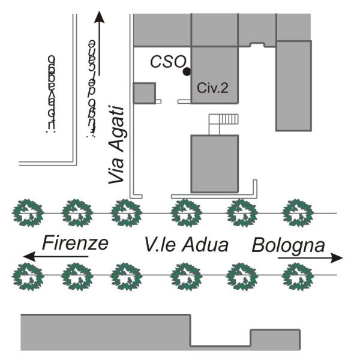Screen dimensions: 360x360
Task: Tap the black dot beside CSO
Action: (x=187, y=72)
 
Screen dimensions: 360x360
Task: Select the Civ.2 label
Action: (x=213, y=88)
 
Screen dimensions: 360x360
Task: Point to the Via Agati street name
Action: (x=116, y=145)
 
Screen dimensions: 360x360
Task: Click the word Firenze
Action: (x=75, y=244)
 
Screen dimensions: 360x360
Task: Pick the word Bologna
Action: (x=289, y=245)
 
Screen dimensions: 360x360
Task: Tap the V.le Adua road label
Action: (x=187, y=245)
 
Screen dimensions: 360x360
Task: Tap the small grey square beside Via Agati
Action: (x=144, y=93)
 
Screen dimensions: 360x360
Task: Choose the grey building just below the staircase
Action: (x=214, y=163)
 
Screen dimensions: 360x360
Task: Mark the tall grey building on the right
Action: (x=293, y=85)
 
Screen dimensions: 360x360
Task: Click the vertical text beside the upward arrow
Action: (x=91, y=87)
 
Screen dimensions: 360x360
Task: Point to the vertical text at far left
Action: (x=52, y=93)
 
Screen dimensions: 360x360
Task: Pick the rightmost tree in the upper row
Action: (x=298, y=213)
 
